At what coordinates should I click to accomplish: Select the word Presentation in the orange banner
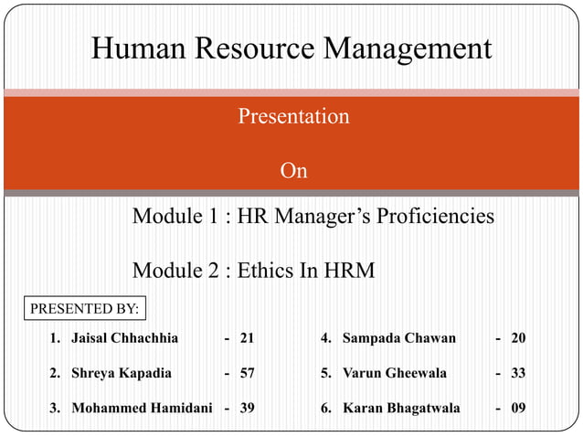[x=293, y=117]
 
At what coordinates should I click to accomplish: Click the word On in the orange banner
[x=293, y=171]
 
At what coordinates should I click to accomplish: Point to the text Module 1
[x=176, y=217]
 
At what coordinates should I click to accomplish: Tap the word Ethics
[x=268, y=271]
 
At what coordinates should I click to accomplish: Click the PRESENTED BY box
[x=85, y=309]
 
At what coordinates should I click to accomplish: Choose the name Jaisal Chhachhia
[x=124, y=338]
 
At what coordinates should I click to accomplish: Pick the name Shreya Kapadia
[x=121, y=373]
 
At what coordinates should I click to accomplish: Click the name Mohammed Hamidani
[x=142, y=408]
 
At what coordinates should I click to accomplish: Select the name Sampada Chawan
[x=398, y=338]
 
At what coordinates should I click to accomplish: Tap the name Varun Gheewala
[x=394, y=373]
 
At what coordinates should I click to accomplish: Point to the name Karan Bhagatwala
[x=401, y=408]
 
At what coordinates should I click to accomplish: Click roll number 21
[x=247, y=338]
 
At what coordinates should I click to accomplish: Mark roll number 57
[x=247, y=373]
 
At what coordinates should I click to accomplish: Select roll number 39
[x=247, y=408]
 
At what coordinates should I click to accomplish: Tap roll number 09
[x=518, y=408]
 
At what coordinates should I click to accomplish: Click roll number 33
[x=518, y=373]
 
